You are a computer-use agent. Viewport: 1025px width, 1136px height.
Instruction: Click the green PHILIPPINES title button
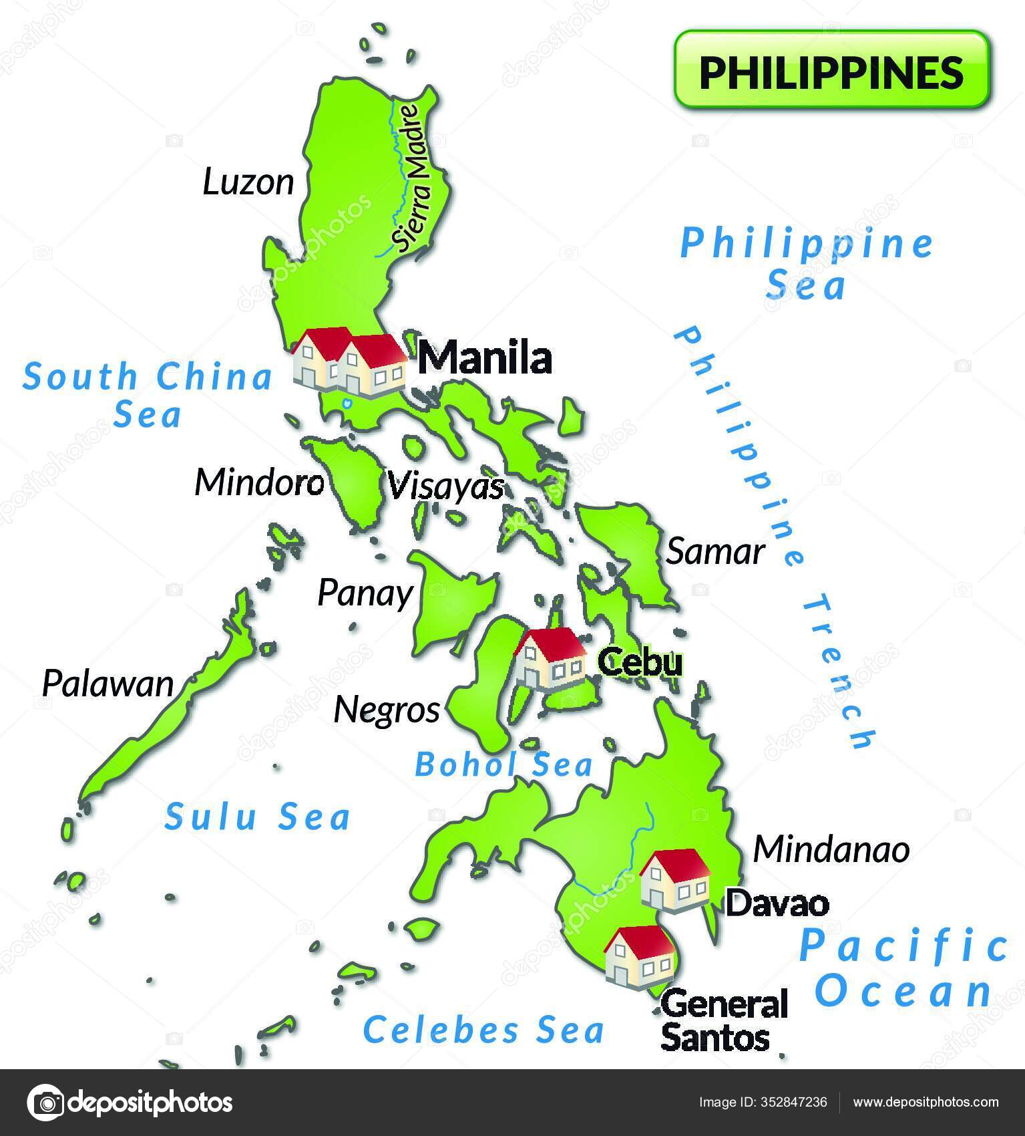point(831,69)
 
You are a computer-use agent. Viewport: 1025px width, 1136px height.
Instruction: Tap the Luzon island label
point(248,182)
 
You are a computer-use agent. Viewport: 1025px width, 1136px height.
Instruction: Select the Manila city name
point(485,358)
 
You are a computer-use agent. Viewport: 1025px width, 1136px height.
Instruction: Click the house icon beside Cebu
point(550,658)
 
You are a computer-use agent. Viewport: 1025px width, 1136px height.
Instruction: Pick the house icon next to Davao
point(675,880)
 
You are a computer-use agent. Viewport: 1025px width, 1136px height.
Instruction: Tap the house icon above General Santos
point(639,956)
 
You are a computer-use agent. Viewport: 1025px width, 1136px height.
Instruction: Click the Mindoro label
point(259,482)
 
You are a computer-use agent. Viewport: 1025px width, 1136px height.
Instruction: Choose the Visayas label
point(445,486)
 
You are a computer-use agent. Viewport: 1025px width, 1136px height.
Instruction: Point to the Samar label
point(715,552)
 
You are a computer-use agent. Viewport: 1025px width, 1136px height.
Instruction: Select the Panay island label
point(365,593)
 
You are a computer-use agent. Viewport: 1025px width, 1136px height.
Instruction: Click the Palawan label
point(108,684)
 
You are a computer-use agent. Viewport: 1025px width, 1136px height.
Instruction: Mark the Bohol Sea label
point(503,764)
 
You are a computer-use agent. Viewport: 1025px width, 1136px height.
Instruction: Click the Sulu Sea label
point(258,817)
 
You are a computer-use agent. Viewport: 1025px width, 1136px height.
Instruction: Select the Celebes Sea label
point(483,1029)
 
